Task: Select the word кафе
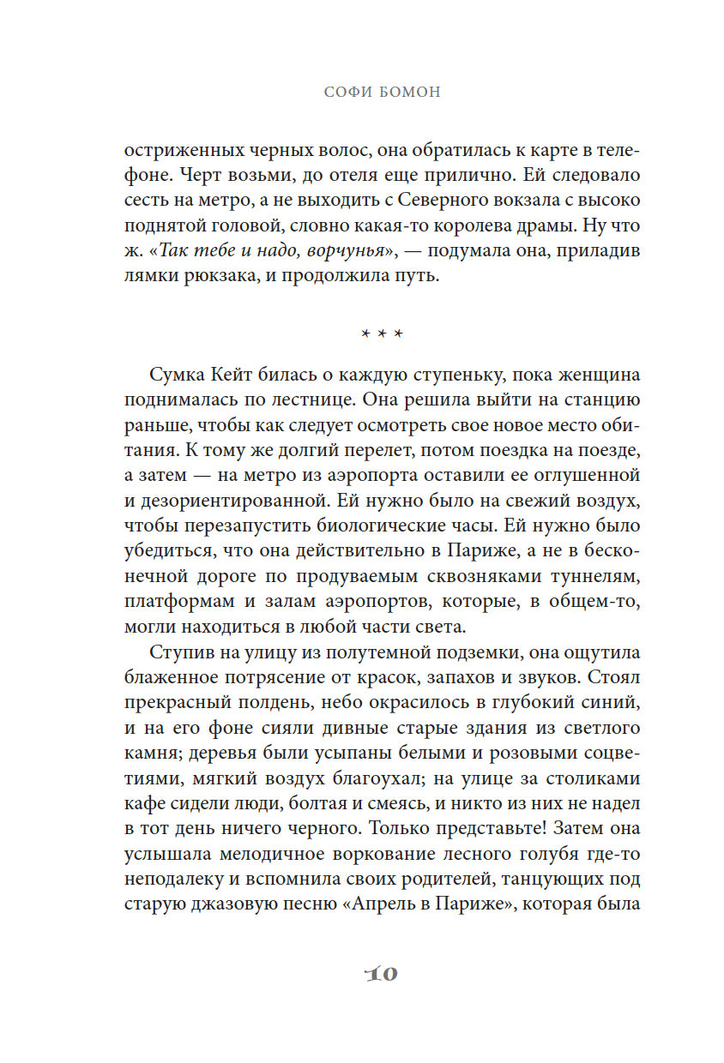tap(144, 803)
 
